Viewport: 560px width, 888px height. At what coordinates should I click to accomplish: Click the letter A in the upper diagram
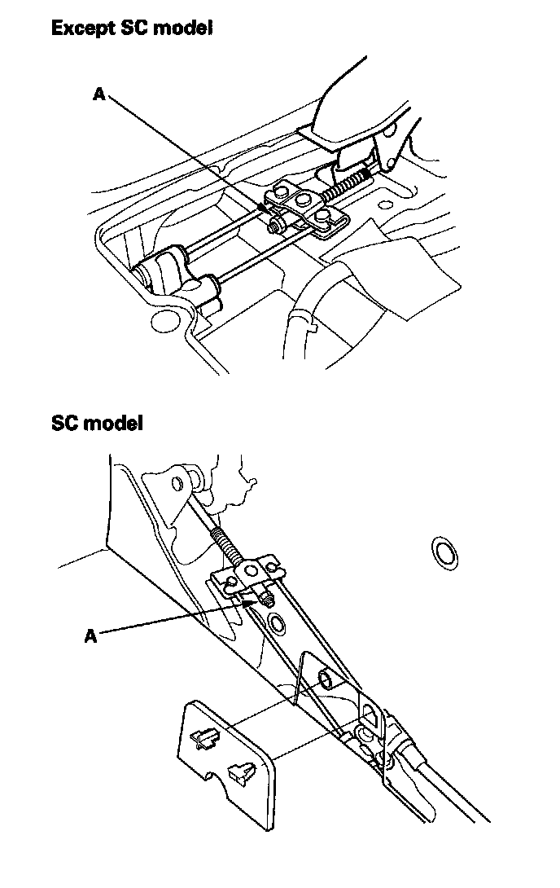click(99, 95)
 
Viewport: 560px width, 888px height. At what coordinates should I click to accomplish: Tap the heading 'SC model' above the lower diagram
click(97, 423)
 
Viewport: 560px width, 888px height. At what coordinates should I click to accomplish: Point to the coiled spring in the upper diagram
click(349, 184)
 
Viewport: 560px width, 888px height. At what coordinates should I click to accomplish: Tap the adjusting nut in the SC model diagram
click(266, 599)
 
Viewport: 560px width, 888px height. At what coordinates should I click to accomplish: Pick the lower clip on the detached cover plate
click(239, 771)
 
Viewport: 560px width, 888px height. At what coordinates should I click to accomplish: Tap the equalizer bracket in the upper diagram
click(309, 207)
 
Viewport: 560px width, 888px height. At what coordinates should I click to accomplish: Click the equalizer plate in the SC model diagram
click(248, 574)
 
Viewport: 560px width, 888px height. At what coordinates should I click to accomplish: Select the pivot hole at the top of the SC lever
click(177, 483)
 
